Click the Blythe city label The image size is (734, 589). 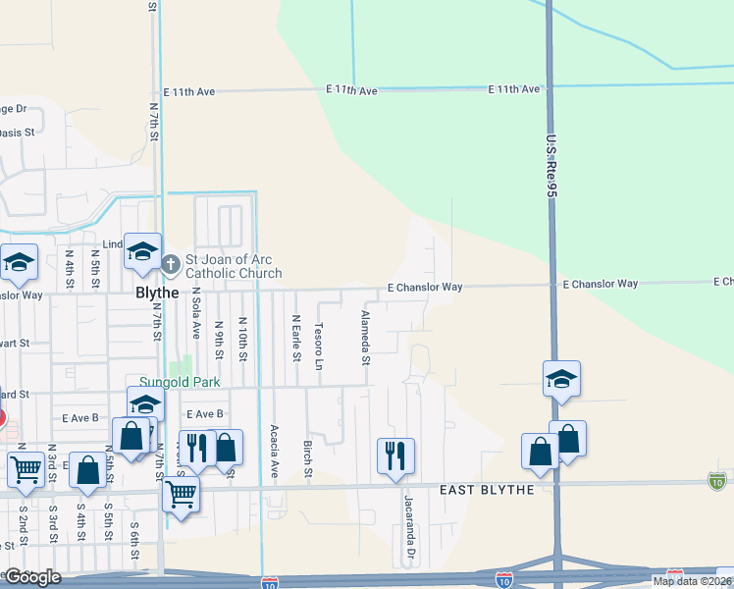(157, 293)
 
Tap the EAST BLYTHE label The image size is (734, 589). (488, 490)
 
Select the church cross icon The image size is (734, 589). (171, 263)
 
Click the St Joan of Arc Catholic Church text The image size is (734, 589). (234, 266)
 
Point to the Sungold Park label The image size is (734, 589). (178, 382)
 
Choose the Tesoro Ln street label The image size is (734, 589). (318, 340)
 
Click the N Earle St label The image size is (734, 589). (295, 338)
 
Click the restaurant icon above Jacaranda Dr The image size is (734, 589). (395, 455)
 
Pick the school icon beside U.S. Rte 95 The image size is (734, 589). (561, 378)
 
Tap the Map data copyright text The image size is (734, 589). (692, 581)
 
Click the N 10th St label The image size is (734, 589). (241, 340)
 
